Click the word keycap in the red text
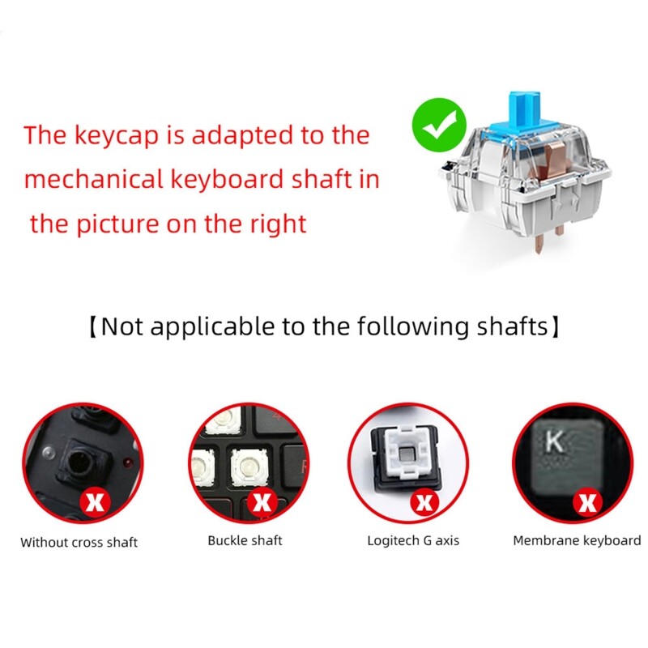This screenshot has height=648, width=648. click(x=129, y=135)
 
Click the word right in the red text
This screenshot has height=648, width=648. click(x=277, y=223)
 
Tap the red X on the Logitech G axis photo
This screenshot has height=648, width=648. click(x=423, y=502)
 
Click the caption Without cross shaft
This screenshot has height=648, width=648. click(x=79, y=542)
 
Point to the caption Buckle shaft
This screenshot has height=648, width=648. click(x=245, y=540)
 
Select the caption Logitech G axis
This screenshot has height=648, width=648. click(x=413, y=540)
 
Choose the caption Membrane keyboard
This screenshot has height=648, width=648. click(x=577, y=540)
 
